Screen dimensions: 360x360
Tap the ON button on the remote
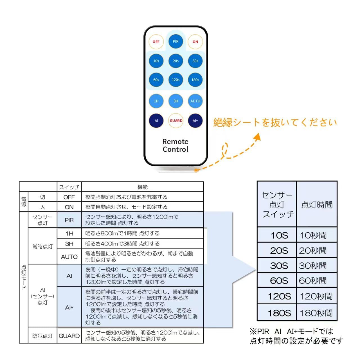point(195,42)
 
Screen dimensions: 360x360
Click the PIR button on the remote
point(175,41)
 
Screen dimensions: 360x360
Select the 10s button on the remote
point(156,61)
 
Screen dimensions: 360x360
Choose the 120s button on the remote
point(175,80)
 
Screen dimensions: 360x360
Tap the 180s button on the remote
point(195,80)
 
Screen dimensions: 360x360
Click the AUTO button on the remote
point(195,101)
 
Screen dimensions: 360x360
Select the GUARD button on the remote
point(176,121)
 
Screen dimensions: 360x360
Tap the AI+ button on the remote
point(195,121)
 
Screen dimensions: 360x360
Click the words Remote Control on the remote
point(175,145)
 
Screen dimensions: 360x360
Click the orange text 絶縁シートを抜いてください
point(275,123)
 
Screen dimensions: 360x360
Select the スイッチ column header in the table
point(69,187)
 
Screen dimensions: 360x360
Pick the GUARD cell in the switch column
point(69,336)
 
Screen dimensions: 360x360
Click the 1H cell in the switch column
point(69,233)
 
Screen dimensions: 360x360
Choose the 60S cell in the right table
point(279,281)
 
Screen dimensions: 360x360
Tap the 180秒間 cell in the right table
point(316,313)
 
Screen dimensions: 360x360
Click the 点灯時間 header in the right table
point(317,205)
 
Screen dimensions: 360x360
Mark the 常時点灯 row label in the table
point(42,247)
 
